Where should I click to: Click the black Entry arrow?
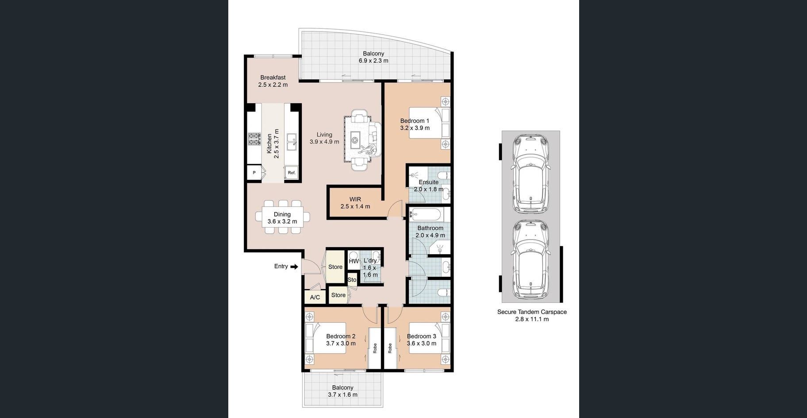(294, 267)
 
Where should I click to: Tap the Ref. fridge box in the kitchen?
(291, 173)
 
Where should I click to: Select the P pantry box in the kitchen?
(254, 173)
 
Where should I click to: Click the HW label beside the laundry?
(354, 261)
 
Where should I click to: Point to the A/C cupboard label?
(315, 297)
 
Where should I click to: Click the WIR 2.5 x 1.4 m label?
(355, 203)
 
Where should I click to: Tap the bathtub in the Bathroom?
(425, 215)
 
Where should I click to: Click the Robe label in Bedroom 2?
(375, 348)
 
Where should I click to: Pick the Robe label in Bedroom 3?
(390, 348)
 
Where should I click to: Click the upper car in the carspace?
(530, 174)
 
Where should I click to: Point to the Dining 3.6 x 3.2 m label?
(282, 218)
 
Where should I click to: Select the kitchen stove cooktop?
(254, 139)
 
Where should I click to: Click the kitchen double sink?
(292, 142)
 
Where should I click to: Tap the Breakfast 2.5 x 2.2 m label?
(273, 81)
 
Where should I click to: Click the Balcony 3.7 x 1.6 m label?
(343, 391)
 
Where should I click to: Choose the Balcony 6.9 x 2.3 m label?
(373, 57)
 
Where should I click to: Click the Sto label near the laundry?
(352, 280)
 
